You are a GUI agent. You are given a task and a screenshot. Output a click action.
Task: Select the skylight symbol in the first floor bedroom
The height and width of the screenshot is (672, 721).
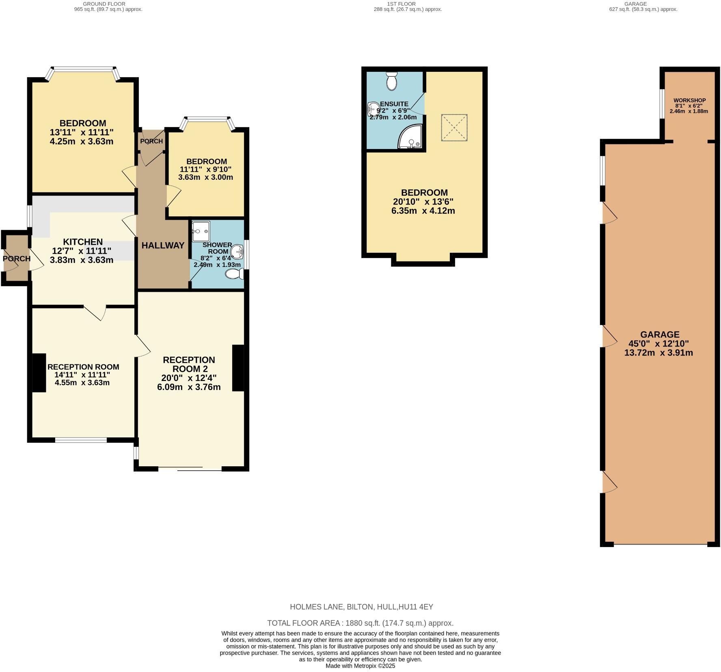click(454, 128)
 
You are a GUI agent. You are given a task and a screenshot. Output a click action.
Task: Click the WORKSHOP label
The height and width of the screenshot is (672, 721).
click(689, 100)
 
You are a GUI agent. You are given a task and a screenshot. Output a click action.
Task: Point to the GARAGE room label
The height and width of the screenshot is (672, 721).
click(659, 334)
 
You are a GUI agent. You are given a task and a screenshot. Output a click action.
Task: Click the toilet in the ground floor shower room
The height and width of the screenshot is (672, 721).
click(235, 275)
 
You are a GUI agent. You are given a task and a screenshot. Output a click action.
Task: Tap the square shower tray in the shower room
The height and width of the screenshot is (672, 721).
click(201, 231)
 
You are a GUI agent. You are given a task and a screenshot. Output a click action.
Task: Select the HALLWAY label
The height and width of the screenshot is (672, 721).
click(163, 245)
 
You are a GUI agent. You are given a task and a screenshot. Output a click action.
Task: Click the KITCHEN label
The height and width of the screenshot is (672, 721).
click(83, 242)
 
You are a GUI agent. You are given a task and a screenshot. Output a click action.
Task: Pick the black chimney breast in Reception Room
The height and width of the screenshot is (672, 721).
click(39, 373)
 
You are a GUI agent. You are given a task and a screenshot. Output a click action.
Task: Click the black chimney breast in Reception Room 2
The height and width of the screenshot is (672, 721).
click(238, 368)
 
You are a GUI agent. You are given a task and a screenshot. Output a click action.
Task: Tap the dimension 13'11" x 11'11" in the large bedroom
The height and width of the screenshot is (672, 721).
click(82, 132)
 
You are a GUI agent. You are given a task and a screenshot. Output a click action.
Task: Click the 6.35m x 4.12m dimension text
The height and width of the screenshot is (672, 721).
click(423, 211)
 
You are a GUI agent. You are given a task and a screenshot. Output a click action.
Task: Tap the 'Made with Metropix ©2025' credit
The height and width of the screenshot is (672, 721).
click(360, 666)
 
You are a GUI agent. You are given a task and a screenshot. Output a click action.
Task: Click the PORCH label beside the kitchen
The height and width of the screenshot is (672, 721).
click(17, 258)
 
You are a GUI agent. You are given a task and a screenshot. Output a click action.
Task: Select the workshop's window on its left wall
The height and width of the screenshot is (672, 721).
click(662, 104)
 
